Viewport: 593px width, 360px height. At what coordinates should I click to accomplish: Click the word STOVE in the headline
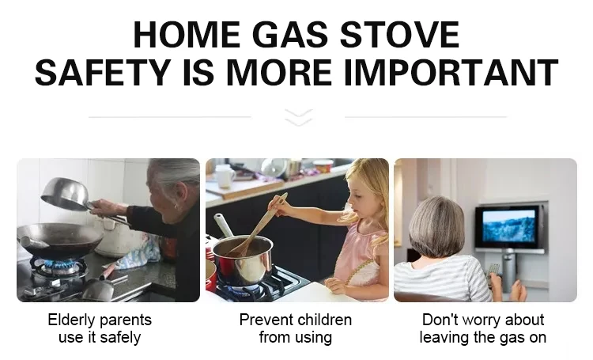click(400, 35)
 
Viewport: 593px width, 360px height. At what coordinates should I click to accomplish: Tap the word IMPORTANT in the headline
click(451, 72)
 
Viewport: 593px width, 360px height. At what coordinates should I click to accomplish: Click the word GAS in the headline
click(289, 35)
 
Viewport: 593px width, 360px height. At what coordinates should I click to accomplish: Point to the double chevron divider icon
click(298, 117)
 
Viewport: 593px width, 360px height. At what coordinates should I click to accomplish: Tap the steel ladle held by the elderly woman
click(70, 195)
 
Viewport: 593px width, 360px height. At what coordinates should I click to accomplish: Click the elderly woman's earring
click(176, 207)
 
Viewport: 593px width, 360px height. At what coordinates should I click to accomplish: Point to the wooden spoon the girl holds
click(256, 227)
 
